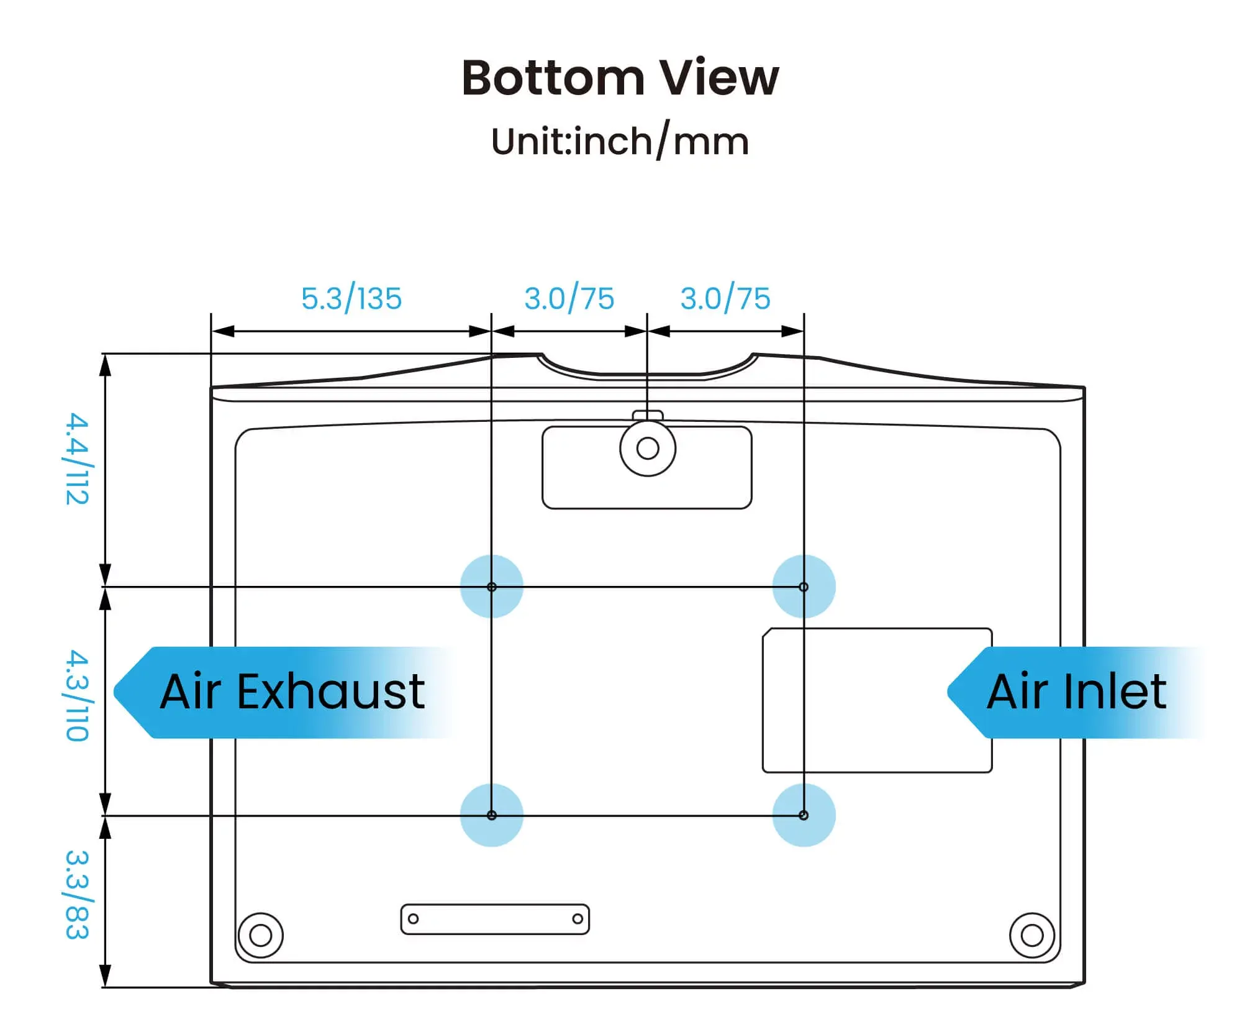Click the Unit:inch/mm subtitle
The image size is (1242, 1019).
click(x=620, y=141)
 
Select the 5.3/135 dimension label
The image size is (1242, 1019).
click(x=351, y=298)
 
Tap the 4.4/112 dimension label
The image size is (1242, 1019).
click(x=78, y=459)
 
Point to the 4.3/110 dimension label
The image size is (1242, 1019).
click(x=78, y=695)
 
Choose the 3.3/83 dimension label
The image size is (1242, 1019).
click(x=78, y=895)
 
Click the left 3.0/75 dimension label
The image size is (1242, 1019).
click(x=569, y=298)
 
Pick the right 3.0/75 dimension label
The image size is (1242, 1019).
click(x=725, y=298)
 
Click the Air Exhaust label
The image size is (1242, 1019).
click(x=292, y=692)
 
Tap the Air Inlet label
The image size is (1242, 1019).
click(x=1076, y=692)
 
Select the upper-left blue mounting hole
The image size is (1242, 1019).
click(x=492, y=587)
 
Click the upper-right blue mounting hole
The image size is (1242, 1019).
click(x=804, y=587)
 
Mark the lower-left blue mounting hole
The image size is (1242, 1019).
click(x=492, y=815)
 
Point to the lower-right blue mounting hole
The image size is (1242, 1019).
click(x=804, y=815)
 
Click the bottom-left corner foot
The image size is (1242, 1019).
click(x=261, y=935)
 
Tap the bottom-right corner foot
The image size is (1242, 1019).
click(x=1032, y=935)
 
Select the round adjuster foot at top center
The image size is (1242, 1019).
click(x=648, y=448)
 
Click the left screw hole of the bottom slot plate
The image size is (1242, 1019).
click(x=414, y=919)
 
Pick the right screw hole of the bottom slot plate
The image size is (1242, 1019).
click(x=578, y=919)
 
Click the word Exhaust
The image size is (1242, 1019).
click(x=331, y=692)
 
